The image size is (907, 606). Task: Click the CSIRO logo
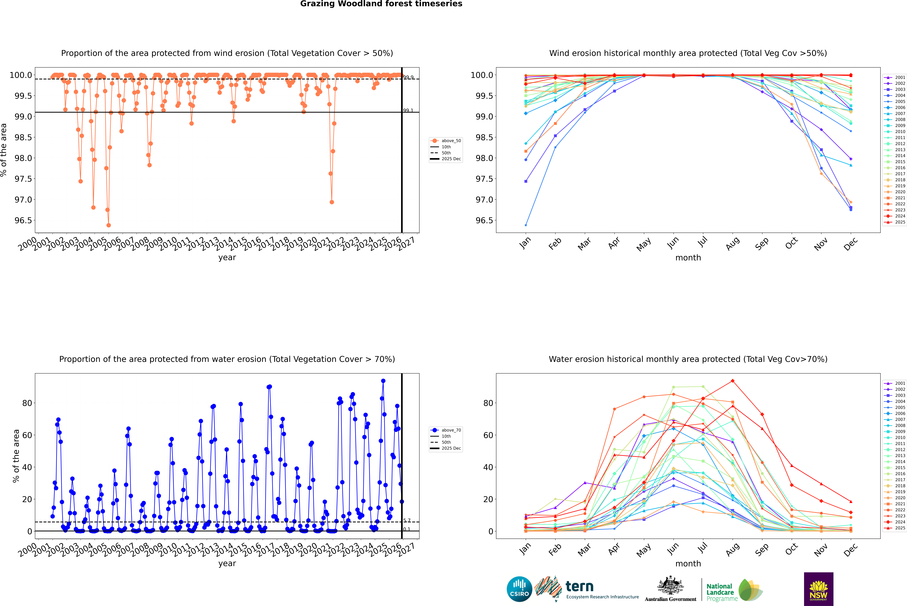pyautogui.click(x=519, y=589)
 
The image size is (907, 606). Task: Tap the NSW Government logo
pyautogui.click(x=818, y=589)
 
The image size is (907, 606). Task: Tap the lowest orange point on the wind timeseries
pyautogui.click(x=109, y=225)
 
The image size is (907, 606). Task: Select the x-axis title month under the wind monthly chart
pyautogui.click(x=688, y=258)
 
